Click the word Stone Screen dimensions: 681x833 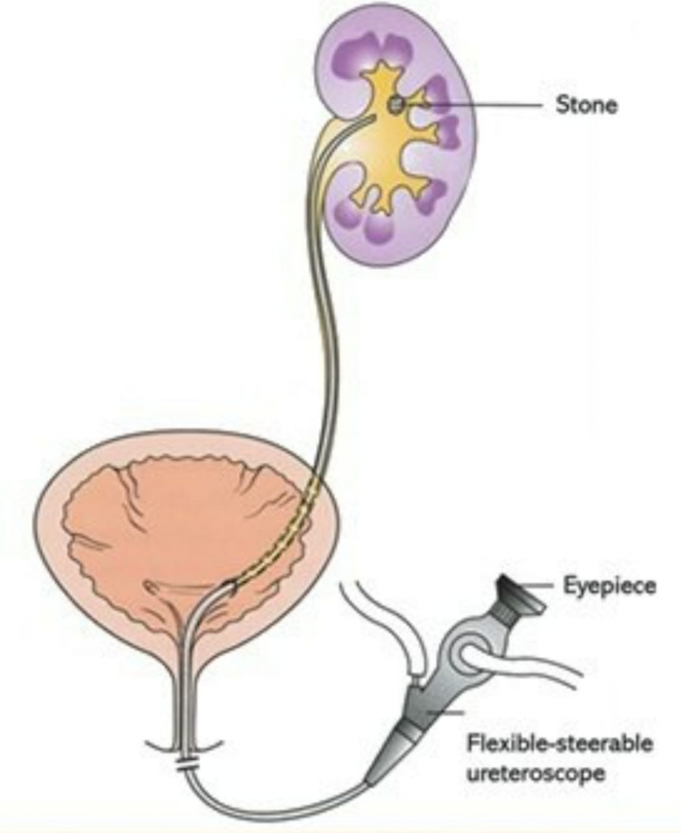(586, 106)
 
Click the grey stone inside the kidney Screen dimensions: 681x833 (396, 104)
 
